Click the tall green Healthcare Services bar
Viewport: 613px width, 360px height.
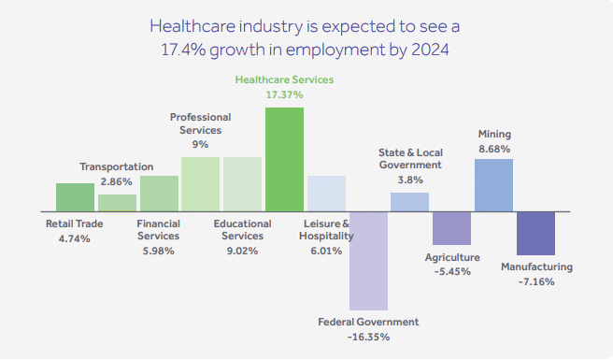284,158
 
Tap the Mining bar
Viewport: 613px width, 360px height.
493,184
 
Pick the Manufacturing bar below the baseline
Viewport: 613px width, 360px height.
535,233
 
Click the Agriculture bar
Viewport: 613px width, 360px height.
451,228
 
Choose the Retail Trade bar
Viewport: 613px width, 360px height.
75,196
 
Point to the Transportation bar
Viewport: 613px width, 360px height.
117,202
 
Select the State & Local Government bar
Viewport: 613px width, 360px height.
409,201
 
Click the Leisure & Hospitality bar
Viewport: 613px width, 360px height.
326,193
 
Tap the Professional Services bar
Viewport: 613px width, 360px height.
200,183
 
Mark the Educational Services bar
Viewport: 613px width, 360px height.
242,183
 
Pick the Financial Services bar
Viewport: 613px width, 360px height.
159,193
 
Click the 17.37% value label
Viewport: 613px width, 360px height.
284,95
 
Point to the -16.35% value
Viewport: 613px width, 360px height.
368,337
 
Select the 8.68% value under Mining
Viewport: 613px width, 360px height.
494,149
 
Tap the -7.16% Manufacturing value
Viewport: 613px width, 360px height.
535,281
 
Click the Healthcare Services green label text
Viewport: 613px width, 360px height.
284,80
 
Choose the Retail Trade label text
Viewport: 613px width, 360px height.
75,223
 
